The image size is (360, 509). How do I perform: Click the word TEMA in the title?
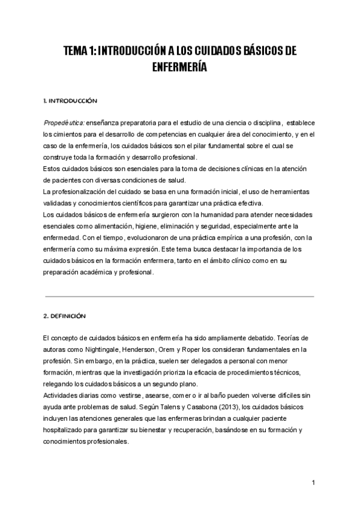(77, 52)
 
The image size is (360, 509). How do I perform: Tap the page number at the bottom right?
(313, 482)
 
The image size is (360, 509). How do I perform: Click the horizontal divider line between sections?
(179, 296)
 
